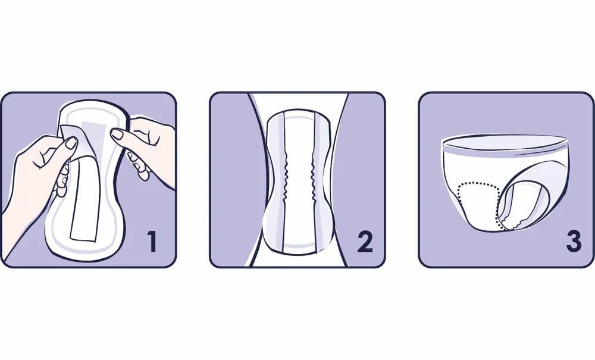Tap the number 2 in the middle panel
(365, 242)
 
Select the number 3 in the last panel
(574, 242)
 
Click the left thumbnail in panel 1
(71, 143)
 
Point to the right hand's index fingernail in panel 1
(117, 133)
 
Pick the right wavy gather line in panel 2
(314, 179)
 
